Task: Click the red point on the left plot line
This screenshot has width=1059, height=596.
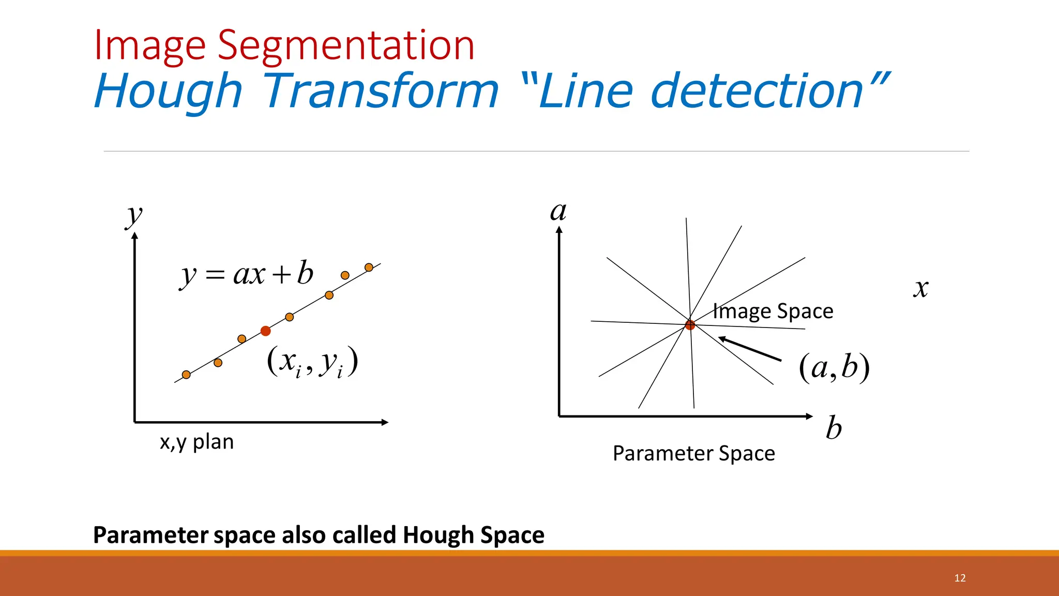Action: click(266, 331)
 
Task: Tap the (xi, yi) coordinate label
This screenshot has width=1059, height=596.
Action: click(312, 362)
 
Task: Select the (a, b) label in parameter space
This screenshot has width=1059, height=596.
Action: click(834, 368)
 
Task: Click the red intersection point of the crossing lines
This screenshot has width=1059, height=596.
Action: click(690, 325)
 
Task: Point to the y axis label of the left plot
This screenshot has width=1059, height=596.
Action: click(134, 216)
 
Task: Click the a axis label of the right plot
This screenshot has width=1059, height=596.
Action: click(558, 212)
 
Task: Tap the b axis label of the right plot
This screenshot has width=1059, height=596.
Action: click(834, 428)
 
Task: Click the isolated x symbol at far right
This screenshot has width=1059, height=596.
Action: click(920, 289)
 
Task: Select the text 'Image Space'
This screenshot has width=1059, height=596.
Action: click(773, 311)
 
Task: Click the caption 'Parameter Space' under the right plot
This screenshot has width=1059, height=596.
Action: click(693, 454)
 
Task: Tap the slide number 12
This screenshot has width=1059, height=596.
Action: click(960, 578)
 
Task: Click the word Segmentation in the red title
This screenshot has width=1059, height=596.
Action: click(345, 46)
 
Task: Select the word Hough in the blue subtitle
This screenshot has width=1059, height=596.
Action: click(169, 91)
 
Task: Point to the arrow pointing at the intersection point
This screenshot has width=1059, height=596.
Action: click(750, 349)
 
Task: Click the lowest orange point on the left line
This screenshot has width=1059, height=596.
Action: click(186, 375)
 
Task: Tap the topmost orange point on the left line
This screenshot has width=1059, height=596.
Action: click(369, 267)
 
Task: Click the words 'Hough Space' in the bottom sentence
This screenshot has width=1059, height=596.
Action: click(473, 535)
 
